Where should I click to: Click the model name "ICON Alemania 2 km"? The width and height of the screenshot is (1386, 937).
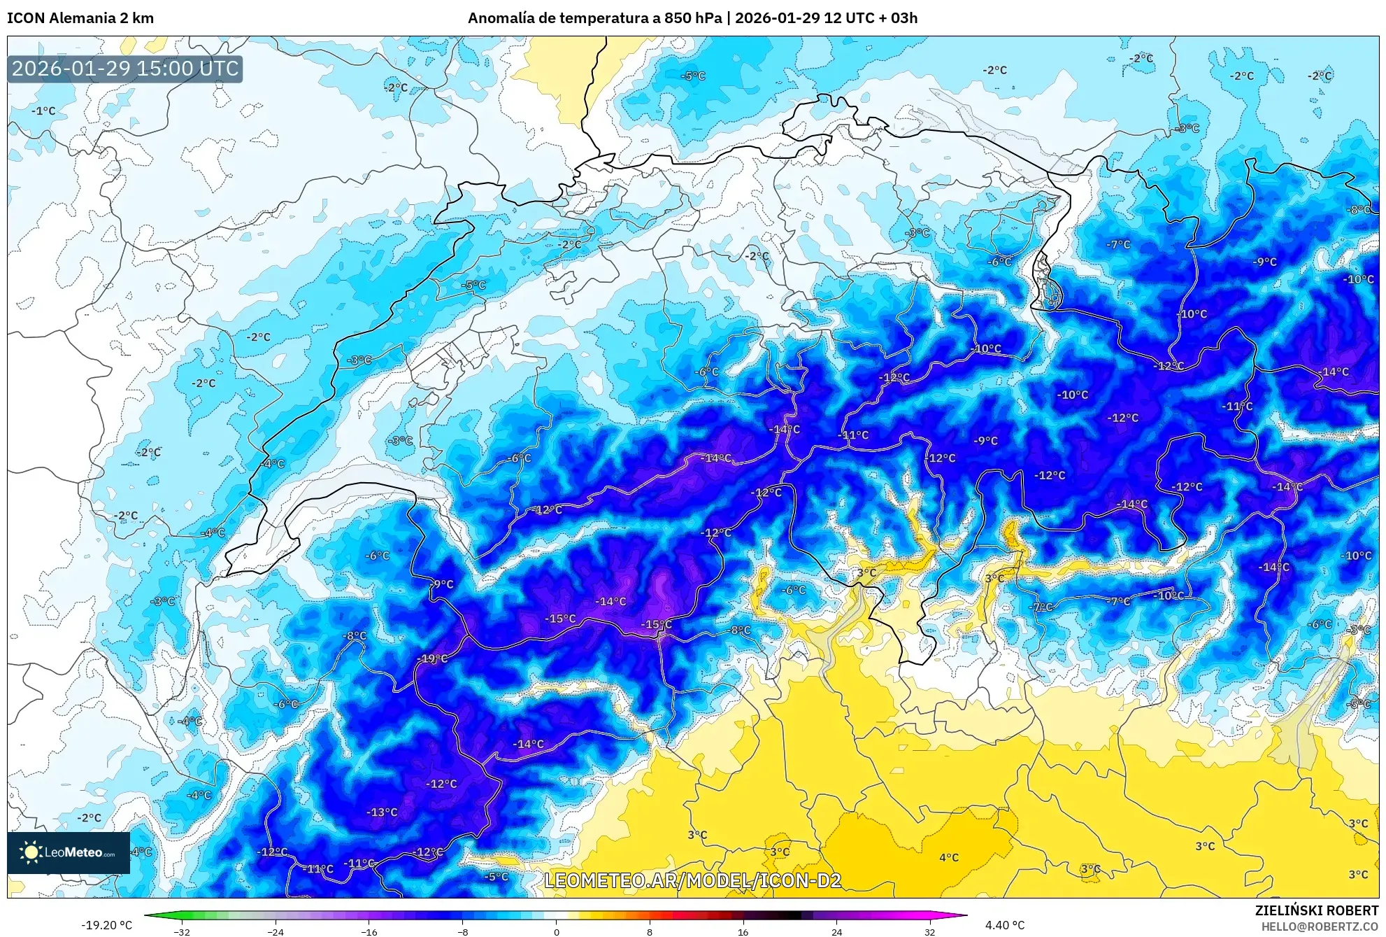click(80, 18)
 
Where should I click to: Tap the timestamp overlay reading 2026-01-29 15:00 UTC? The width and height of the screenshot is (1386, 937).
click(125, 69)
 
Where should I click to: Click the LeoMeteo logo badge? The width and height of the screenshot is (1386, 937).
click(69, 852)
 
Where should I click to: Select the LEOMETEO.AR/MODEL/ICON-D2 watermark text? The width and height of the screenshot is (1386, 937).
click(692, 880)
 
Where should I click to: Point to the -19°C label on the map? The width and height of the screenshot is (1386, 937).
click(432, 658)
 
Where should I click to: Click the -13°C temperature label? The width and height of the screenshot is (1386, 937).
click(383, 812)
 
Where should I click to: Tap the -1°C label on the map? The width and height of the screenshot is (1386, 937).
click(43, 111)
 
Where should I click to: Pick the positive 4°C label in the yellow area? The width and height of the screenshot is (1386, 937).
click(949, 857)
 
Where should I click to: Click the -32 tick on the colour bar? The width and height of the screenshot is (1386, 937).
click(182, 932)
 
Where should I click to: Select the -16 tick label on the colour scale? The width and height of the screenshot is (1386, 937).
click(369, 932)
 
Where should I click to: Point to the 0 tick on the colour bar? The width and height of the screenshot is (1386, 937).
click(557, 932)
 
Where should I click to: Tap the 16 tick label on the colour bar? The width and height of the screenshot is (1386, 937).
click(743, 932)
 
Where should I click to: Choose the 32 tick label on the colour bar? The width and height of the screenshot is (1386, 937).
click(929, 932)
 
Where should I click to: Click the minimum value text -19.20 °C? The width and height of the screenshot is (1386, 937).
click(106, 925)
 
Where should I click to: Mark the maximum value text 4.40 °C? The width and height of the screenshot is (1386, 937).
click(1005, 925)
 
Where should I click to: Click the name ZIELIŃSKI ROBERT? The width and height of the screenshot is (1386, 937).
click(1317, 910)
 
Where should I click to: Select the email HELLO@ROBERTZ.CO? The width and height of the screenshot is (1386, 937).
click(1320, 927)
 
